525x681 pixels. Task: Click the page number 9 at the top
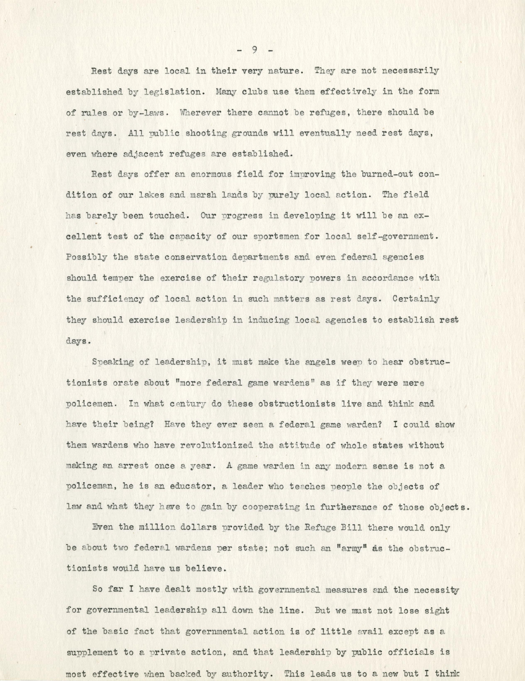(255, 50)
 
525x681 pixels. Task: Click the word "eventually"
(315, 134)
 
